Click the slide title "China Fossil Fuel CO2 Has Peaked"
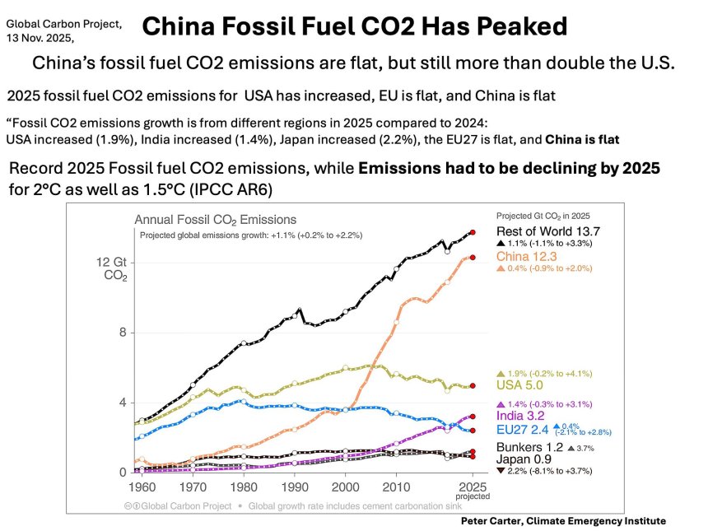(354, 27)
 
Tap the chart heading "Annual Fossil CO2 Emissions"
(216, 220)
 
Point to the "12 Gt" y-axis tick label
(112, 262)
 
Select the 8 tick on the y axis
(121, 333)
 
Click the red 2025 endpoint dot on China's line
(473, 258)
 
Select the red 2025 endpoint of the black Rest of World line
(473, 233)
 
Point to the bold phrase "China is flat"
(576, 138)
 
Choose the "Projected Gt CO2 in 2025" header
(549, 215)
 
